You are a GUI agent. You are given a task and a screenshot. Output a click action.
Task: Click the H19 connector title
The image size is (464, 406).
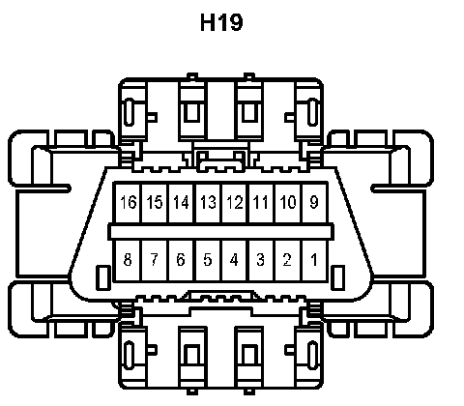pyautogui.click(x=221, y=22)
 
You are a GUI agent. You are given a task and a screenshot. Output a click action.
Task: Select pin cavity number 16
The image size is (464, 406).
pyautogui.click(x=128, y=203)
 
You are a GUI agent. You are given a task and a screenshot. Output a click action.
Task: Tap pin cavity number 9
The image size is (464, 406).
pyautogui.click(x=314, y=203)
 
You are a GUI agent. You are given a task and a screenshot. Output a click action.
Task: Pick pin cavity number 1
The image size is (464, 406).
pyautogui.click(x=314, y=261)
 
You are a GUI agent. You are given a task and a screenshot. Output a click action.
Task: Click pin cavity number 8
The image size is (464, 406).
pyautogui.click(x=128, y=261)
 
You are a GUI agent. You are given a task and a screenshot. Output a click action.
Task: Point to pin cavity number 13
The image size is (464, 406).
pyautogui.click(x=208, y=203)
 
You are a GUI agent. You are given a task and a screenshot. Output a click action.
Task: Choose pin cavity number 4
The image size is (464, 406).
pyautogui.click(x=235, y=261)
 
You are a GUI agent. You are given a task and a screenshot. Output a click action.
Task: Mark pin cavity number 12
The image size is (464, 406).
pyautogui.click(x=235, y=203)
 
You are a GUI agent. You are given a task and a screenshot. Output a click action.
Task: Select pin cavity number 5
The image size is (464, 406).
pyautogui.click(x=208, y=261)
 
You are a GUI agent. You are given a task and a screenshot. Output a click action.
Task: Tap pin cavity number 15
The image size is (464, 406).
pyautogui.click(x=155, y=203)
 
